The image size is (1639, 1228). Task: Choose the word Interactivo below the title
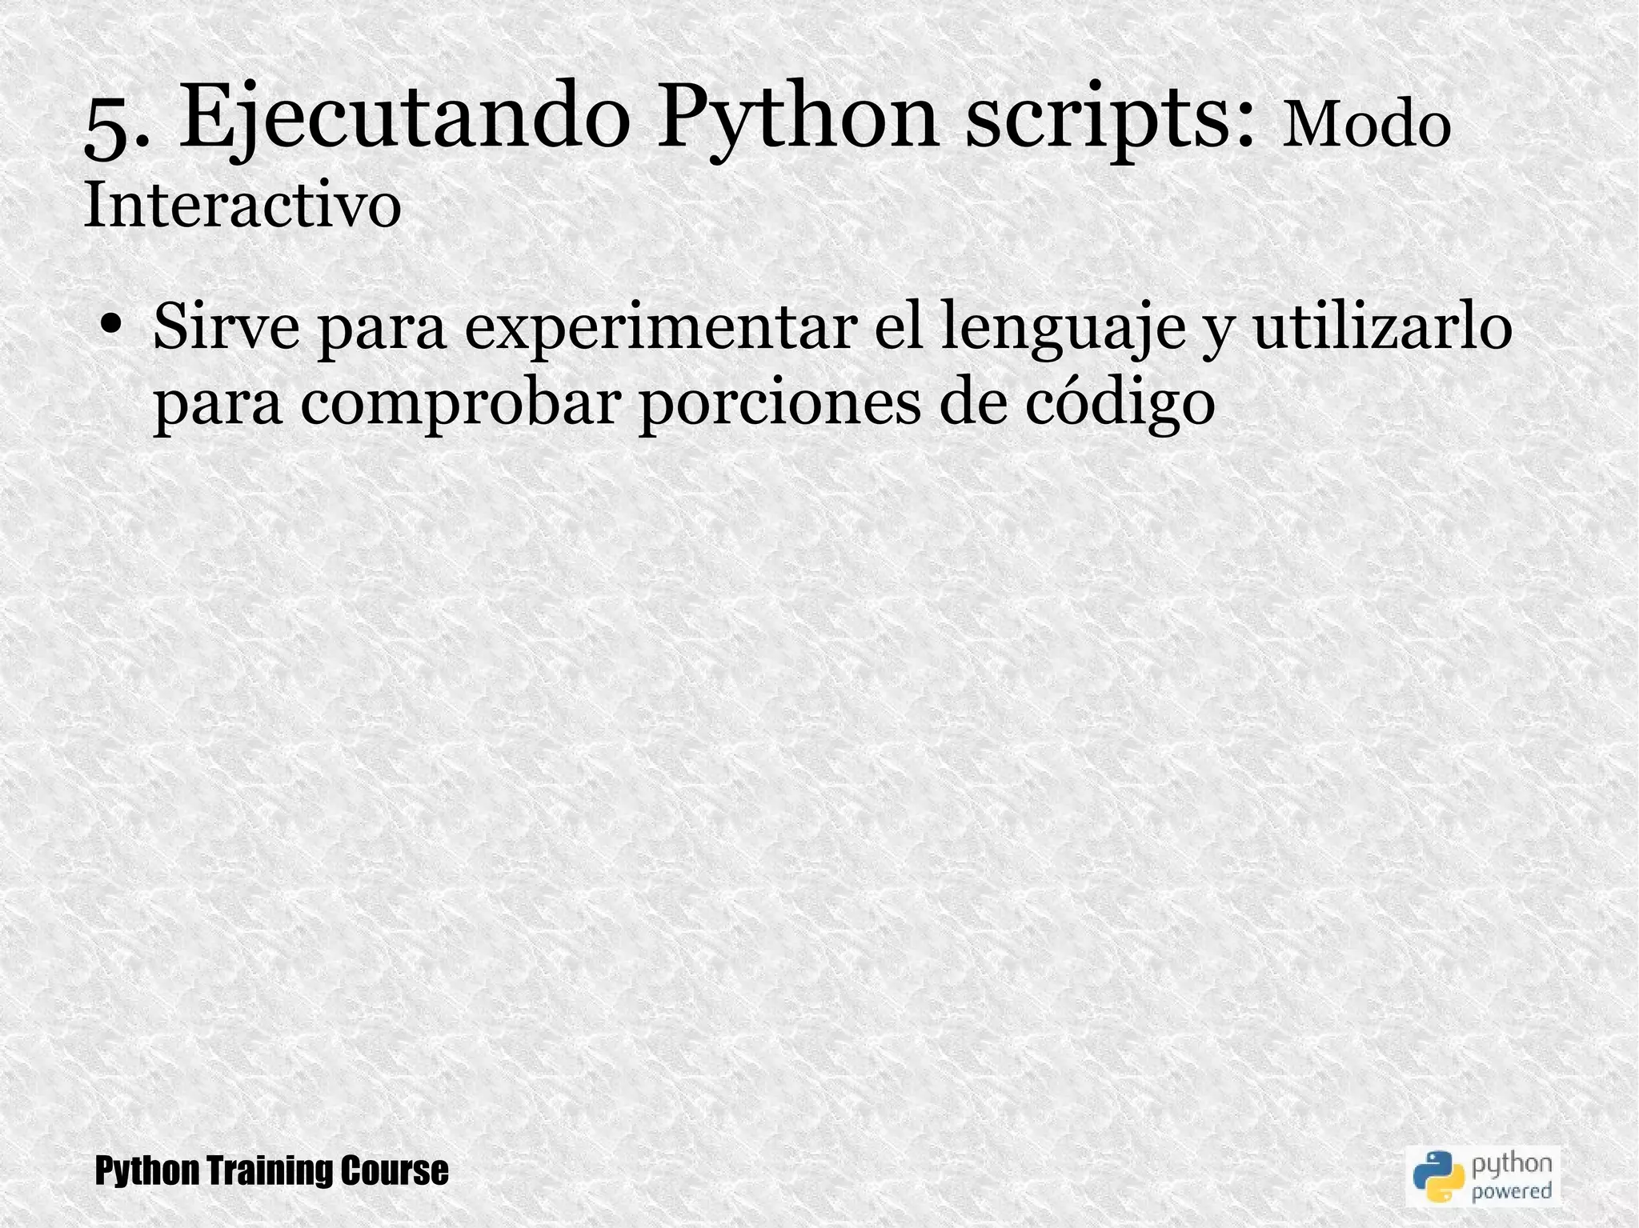[242, 205]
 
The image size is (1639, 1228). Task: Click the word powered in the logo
[1512, 1190]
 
